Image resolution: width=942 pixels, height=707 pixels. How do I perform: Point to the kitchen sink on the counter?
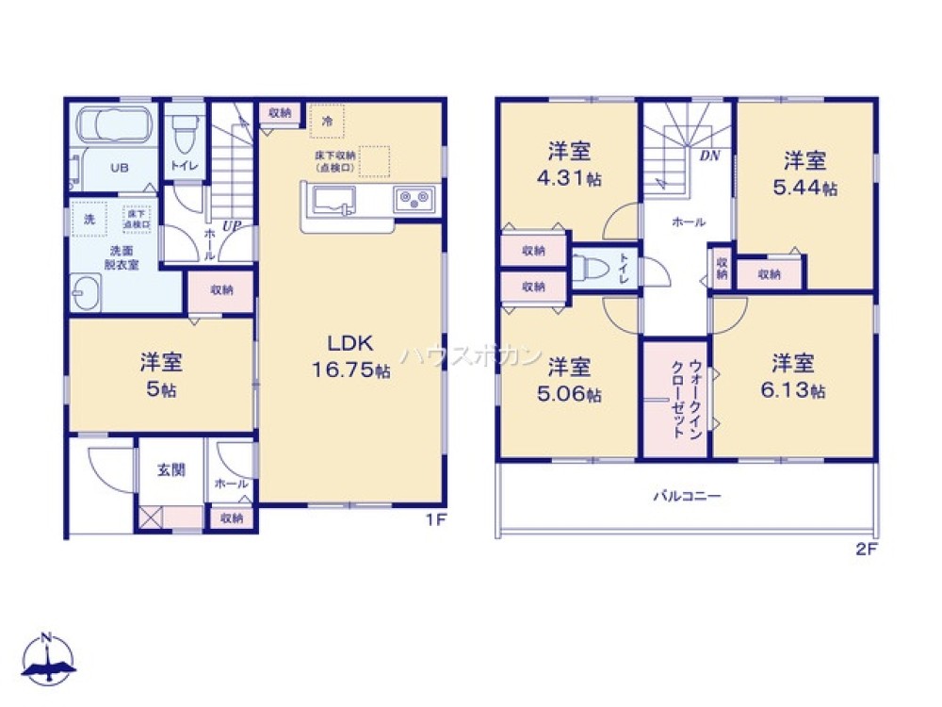coord(333,200)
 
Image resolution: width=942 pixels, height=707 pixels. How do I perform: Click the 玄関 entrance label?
coord(171,469)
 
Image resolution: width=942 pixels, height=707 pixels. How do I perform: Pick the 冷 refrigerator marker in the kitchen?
coord(327,121)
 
